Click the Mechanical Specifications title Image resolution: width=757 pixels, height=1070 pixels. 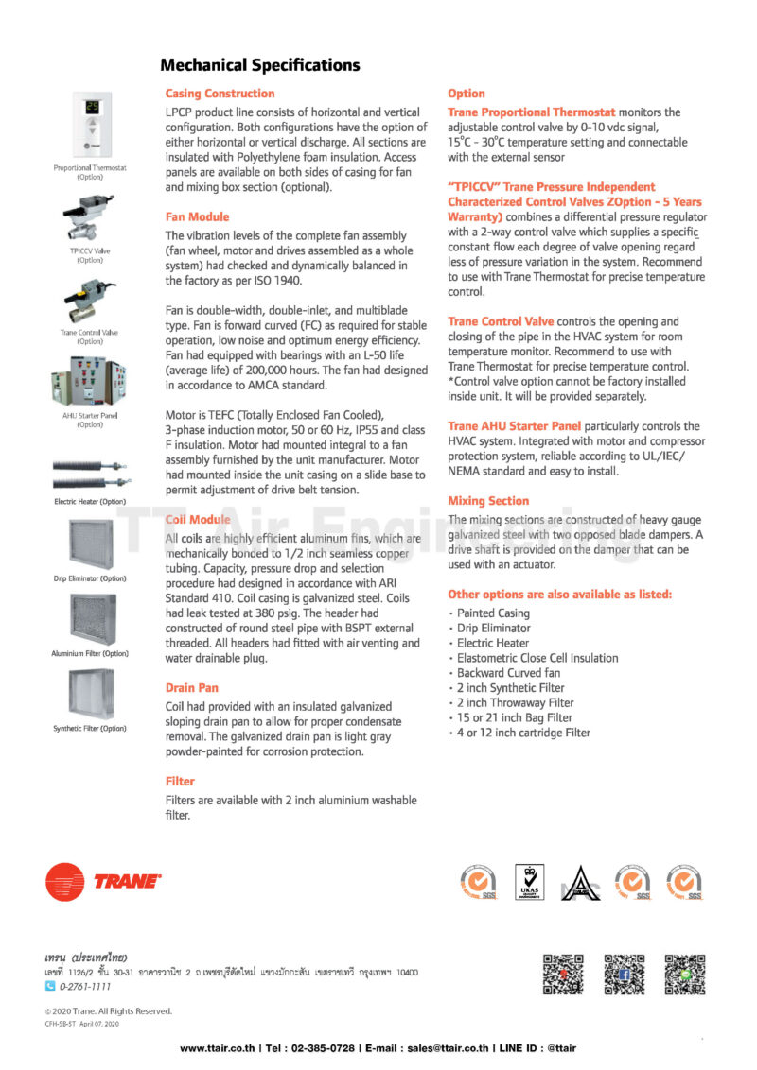260,65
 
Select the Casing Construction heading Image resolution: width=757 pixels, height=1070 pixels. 220,94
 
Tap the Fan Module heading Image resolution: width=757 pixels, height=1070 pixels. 197,216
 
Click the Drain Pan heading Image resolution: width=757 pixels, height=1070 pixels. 191,688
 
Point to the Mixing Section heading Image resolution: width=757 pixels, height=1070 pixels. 488,501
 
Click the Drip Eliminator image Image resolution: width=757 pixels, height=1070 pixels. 90,544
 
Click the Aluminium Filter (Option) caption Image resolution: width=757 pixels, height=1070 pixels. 90,653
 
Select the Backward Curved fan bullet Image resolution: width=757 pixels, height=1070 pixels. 508,673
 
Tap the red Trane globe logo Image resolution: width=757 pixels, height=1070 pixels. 65,882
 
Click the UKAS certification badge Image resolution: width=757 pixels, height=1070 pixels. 528,882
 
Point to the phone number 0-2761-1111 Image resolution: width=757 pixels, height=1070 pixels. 84,987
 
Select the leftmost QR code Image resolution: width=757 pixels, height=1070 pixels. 563,975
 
